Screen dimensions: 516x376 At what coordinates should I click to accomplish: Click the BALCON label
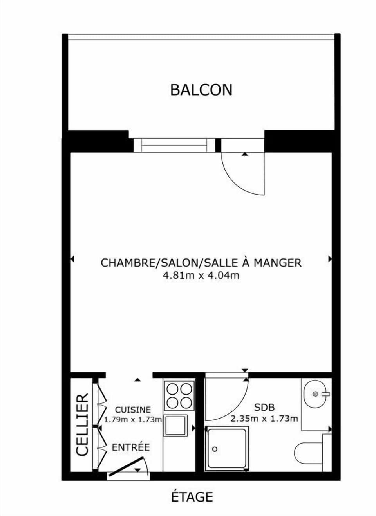point(201,90)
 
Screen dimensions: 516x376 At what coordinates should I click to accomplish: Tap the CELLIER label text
point(82,425)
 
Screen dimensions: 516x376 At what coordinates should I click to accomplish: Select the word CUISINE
point(133,410)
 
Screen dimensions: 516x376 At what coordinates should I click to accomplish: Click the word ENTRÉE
point(131,447)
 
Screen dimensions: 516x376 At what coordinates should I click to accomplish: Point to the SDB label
point(264,408)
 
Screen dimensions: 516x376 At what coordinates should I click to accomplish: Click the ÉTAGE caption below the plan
point(192,497)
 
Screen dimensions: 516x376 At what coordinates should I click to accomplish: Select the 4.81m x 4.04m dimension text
point(201,275)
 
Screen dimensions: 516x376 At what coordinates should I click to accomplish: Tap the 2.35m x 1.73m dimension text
point(264,419)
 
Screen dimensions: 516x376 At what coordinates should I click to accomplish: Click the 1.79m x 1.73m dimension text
point(133,419)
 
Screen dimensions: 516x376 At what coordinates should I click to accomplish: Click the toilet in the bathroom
point(307,453)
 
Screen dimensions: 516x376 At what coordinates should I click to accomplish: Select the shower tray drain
point(214,449)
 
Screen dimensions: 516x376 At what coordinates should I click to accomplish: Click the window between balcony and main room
point(174,145)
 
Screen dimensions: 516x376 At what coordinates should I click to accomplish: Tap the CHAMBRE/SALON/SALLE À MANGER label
point(201,263)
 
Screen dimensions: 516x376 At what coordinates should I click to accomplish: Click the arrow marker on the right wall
point(330,259)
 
